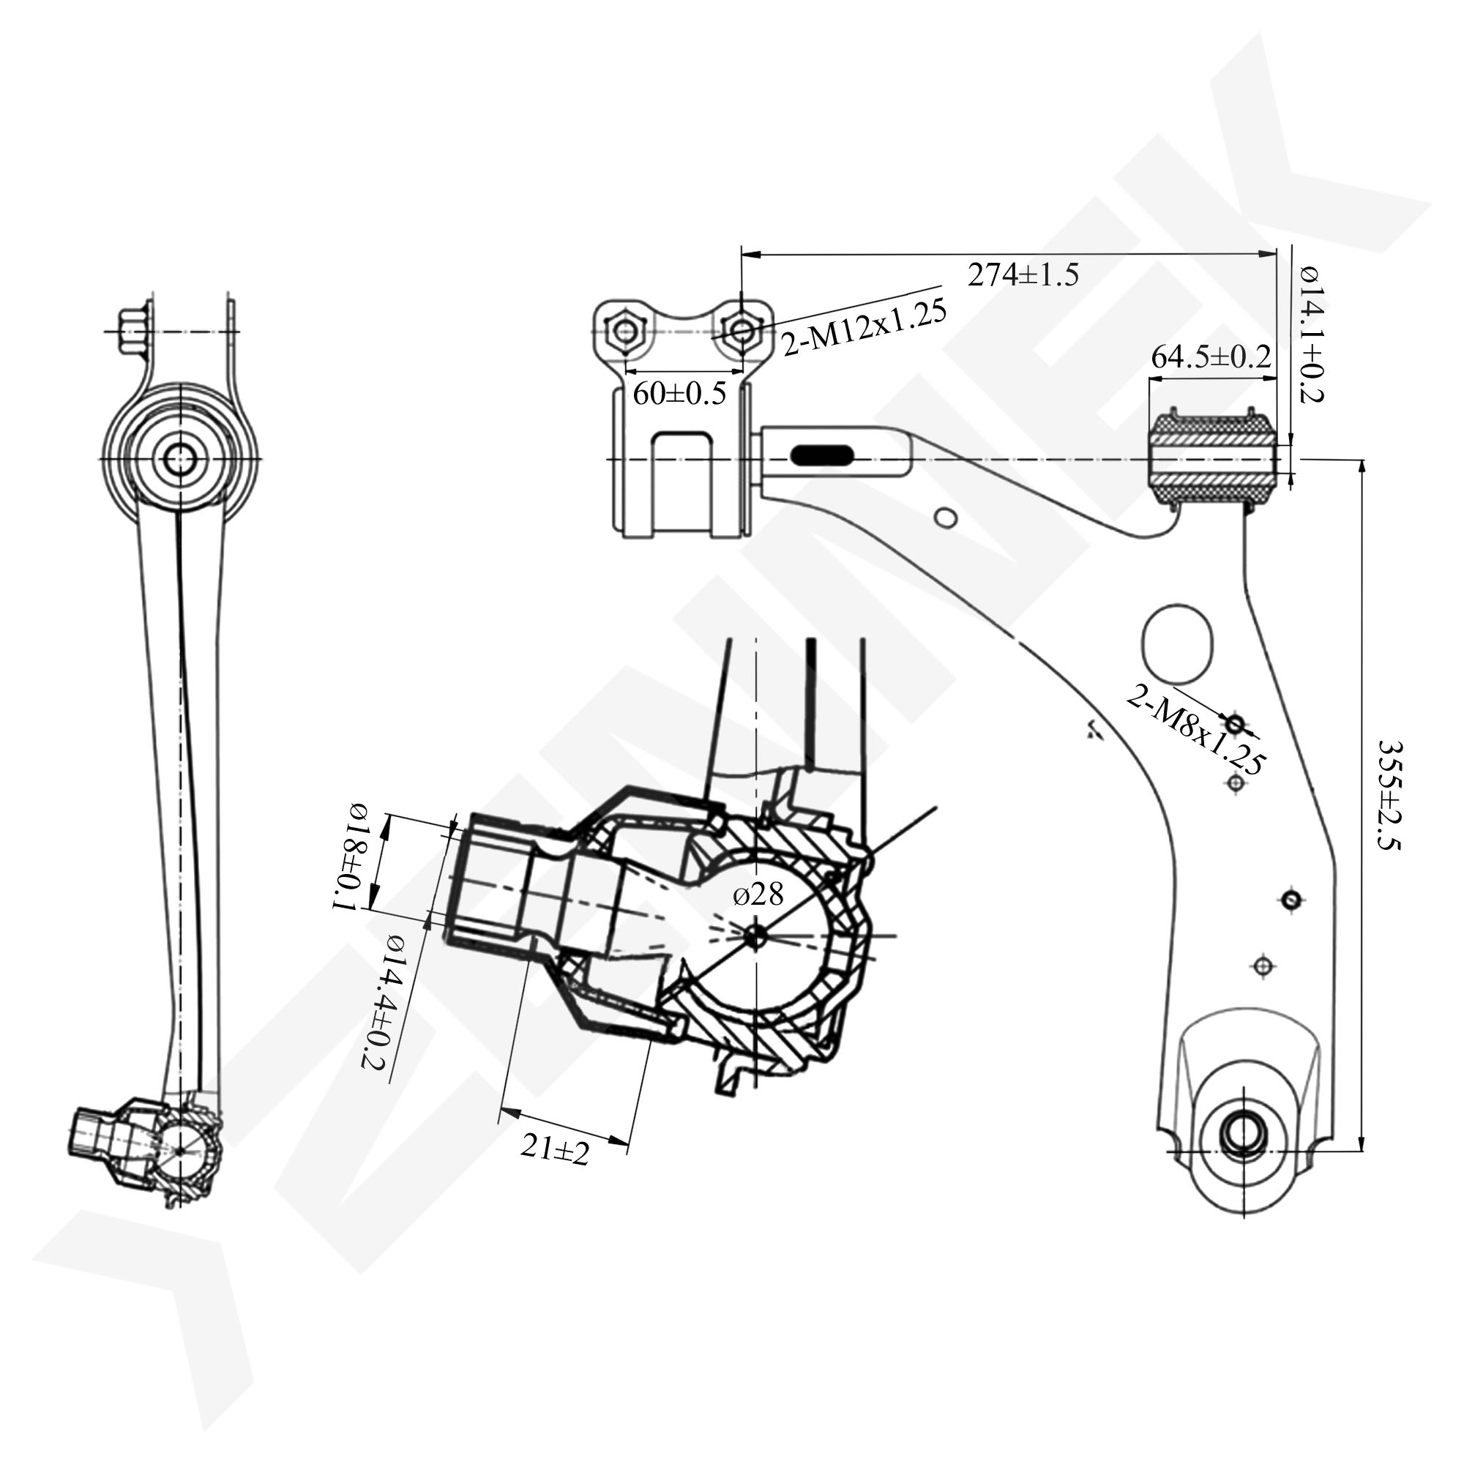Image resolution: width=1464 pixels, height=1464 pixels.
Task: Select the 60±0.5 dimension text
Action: [679, 393]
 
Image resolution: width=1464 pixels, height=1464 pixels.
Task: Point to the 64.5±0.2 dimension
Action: [1210, 357]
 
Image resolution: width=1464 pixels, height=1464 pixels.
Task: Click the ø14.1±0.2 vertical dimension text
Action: [1310, 333]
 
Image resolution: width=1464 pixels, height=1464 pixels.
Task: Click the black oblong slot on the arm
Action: [821, 455]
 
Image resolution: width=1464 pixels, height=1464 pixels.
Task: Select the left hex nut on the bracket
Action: [625, 331]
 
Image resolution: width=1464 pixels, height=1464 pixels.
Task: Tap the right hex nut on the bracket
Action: [742, 331]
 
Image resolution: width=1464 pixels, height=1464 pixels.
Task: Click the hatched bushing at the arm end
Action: [1212, 459]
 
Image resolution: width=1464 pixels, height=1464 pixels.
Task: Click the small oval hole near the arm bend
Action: [946, 518]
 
